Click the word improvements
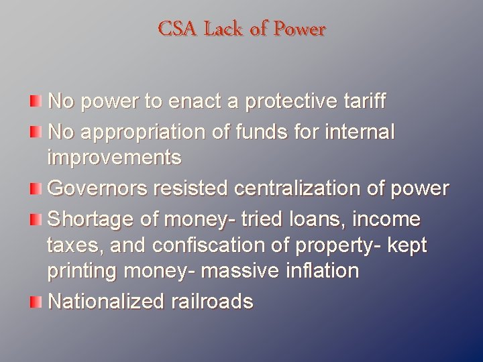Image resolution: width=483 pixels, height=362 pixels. pos(114,158)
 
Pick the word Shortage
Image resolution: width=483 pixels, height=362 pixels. pos(91,220)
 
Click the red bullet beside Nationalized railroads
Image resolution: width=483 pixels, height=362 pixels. pos(35,302)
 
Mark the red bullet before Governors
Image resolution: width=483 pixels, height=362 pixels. pos(35,188)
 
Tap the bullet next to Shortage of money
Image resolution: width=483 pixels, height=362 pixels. pos(35,219)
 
